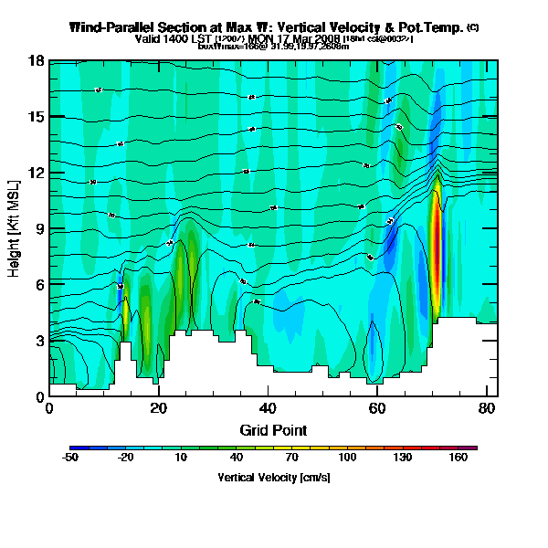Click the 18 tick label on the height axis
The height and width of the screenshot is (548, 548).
click(37, 61)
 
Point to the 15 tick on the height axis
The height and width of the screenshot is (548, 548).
click(37, 117)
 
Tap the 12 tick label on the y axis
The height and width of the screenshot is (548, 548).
click(37, 173)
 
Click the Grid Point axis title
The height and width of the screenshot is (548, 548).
click(273, 429)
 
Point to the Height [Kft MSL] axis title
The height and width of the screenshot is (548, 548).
click(15, 228)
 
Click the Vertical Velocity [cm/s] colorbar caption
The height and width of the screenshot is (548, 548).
click(273, 477)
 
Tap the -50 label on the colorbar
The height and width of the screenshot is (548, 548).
click(70, 458)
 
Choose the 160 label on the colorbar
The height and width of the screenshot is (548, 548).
click(459, 458)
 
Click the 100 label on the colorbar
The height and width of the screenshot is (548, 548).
click(347, 458)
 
